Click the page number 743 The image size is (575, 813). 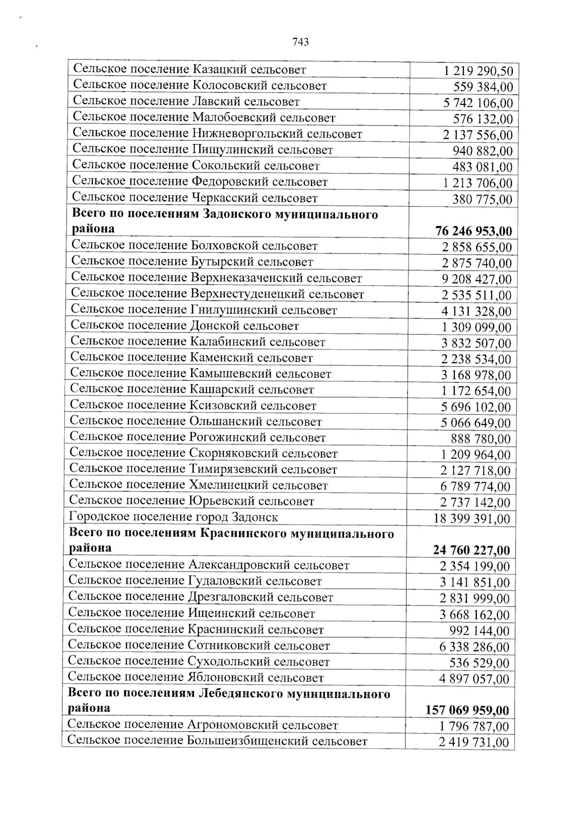pyautogui.click(x=300, y=42)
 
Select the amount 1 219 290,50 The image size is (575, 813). pyautogui.click(x=478, y=71)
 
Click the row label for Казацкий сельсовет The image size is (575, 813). pyautogui.click(x=189, y=69)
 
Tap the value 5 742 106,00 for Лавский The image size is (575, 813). pyautogui.click(x=478, y=103)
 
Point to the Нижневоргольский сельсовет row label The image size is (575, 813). pyautogui.click(x=218, y=134)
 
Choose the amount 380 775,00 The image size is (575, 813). pyautogui.click(x=482, y=199)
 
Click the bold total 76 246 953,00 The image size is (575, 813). pyautogui.click(x=473, y=231)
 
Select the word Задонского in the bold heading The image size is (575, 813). pyautogui.click(x=236, y=214)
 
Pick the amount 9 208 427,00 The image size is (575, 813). pyautogui.click(x=476, y=279)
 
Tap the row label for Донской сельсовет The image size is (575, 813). pyautogui.click(x=185, y=326)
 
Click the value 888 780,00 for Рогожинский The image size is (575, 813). pyautogui.click(x=481, y=439)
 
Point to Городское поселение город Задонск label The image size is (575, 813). pyautogui.click(x=173, y=517)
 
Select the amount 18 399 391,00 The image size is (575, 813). pyautogui.click(x=471, y=519)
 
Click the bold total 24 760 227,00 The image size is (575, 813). pyautogui.click(x=471, y=550)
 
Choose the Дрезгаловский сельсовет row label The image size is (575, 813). pyautogui.click(x=200, y=597)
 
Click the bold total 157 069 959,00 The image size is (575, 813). pyautogui.click(x=467, y=710)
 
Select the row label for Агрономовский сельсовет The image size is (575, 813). pyautogui.click(x=203, y=725)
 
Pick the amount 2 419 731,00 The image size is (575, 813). pyautogui.click(x=474, y=743)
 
